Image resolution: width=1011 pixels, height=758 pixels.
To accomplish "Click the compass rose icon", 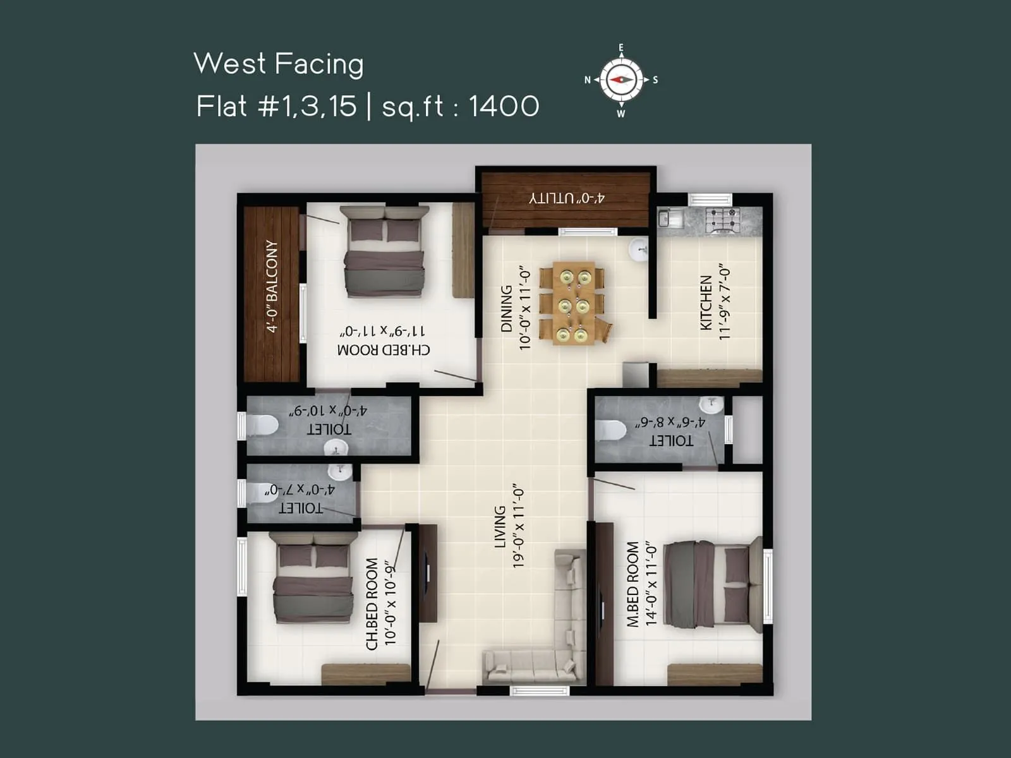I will coord(621,80).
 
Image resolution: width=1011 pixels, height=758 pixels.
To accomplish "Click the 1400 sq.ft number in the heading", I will coord(504,106).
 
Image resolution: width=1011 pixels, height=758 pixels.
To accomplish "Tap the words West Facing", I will coord(279,64).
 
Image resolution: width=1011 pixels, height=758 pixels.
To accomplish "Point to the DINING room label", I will coord(507,308).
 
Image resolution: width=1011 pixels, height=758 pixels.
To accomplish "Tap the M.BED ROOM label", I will coord(633,584).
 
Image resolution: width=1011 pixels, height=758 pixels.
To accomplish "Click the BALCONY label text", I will coord(272,286).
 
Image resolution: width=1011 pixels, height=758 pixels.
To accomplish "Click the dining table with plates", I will coord(573,303).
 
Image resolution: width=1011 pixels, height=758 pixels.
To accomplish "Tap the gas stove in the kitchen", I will coord(722,220).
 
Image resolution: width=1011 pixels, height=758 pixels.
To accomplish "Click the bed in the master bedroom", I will coord(711,585).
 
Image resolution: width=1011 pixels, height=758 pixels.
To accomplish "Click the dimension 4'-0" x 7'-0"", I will coord(300,490).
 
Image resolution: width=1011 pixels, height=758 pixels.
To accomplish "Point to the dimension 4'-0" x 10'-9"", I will coord(328,411).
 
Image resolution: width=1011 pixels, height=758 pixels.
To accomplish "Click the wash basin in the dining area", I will coord(639,249).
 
